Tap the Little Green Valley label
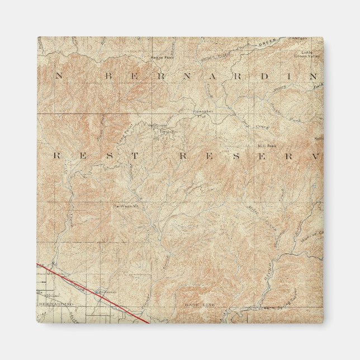(x=310, y=54)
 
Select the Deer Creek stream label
(x=245, y=124)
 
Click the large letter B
(x=108, y=75)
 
